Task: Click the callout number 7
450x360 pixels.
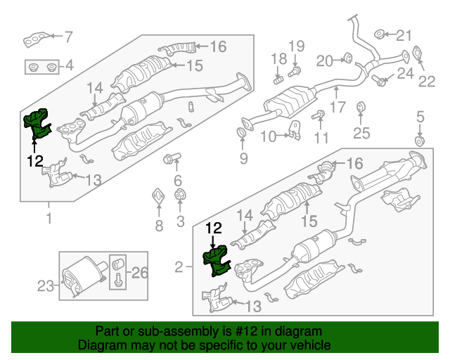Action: pos(69,35)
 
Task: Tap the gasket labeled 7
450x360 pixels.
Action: pos(36,38)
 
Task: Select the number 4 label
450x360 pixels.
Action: pos(69,67)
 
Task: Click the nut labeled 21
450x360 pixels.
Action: pos(378,34)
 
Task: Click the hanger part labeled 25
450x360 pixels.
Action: pos(360,108)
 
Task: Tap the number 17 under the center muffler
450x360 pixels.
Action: pos(338,108)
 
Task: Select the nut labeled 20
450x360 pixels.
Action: pos(347,57)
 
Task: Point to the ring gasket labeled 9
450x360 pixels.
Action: pos(243,133)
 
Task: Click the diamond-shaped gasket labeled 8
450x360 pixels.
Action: pos(158,195)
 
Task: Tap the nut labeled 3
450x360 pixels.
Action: pos(179,195)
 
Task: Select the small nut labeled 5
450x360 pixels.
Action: pos(420,141)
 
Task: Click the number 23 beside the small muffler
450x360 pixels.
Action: pos(45,285)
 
